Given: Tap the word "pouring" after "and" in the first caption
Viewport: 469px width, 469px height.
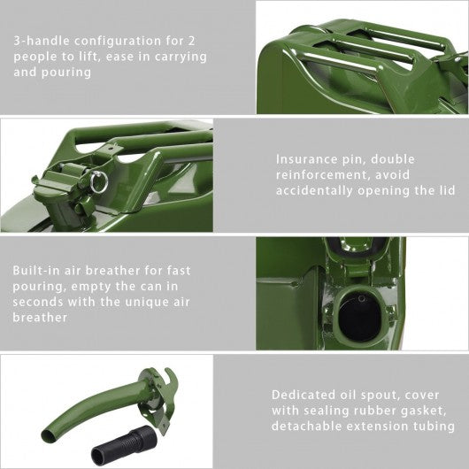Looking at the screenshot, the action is click(x=66, y=73).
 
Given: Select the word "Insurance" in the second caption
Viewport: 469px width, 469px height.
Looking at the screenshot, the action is click(x=306, y=159).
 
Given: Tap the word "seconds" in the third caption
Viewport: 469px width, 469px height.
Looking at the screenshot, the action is click(x=38, y=302).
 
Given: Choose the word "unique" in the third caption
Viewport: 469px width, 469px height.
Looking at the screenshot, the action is click(x=147, y=302).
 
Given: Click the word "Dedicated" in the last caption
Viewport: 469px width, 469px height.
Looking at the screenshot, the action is click(x=304, y=395).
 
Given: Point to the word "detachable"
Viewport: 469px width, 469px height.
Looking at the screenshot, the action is click(x=305, y=426).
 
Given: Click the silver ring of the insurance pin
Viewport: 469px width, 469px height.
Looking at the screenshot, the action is click(x=99, y=183).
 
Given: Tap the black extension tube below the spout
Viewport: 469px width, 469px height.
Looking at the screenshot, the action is click(x=124, y=445).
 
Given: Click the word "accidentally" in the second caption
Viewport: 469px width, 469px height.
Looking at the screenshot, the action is click(x=314, y=191).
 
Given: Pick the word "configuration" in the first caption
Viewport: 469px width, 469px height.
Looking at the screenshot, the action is click(x=118, y=42).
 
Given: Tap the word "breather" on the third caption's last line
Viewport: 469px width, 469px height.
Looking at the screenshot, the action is click(x=40, y=318).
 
